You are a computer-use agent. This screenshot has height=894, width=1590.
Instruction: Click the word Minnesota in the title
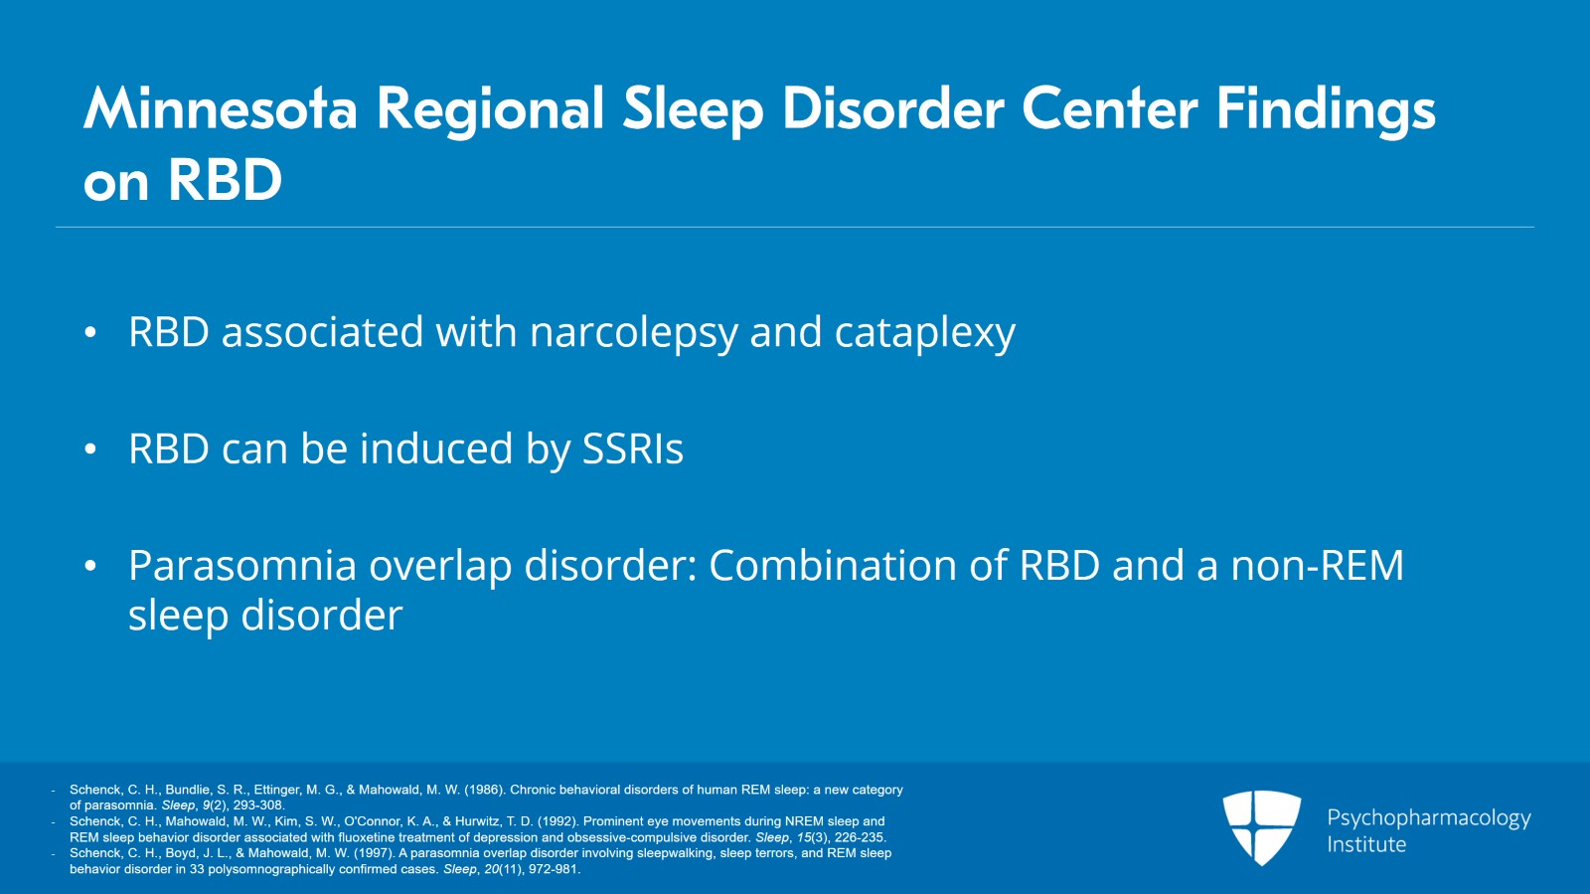click(220, 109)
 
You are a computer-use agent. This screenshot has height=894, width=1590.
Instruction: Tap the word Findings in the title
click(1326, 113)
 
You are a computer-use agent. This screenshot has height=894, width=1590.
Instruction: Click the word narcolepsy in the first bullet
click(634, 333)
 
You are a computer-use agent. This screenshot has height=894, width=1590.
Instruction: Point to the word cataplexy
click(925, 333)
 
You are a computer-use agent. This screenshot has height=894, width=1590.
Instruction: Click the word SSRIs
click(633, 448)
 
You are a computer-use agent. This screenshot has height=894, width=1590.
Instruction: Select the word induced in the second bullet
click(436, 448)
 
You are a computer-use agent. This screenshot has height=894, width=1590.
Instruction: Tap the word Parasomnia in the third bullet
click(242, 565)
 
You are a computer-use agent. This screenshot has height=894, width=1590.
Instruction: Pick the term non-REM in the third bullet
click(1318, 565)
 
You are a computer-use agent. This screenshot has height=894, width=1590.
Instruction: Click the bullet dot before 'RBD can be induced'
click(90, 449)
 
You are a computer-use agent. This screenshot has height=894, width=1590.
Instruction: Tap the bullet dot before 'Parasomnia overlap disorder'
click(90, 567)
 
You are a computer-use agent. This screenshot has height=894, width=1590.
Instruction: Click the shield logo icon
click(1261, 826)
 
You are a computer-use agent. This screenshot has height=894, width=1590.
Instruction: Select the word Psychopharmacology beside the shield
click(1429, 818)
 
